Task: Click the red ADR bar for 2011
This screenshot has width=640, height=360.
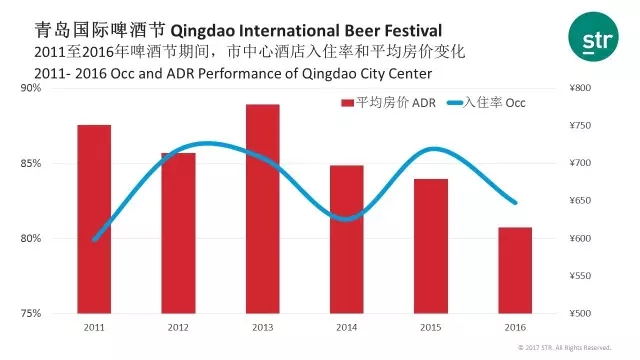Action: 94,219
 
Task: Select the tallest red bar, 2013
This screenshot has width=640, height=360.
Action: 262,209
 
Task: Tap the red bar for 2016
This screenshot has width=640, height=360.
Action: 515,270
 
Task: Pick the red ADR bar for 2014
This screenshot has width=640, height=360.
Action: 347,240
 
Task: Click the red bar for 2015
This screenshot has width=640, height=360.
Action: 431,246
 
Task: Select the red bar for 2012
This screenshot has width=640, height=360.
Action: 178,233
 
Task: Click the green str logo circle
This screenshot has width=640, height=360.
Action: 593,37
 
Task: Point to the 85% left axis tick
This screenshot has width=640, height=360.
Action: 31,163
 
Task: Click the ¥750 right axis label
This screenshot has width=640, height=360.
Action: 580,125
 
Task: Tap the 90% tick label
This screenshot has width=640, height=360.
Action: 31,88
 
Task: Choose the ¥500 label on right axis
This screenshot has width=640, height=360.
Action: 580,313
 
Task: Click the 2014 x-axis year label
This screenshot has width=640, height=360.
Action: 347,327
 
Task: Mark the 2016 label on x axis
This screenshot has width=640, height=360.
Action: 515,327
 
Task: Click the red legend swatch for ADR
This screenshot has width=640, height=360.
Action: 347,103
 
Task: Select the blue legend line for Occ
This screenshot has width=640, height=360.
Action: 455,103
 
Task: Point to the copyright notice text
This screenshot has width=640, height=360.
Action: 564,348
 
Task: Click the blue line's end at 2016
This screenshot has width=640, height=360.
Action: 515,202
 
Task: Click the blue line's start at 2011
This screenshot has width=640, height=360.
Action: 94,240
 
